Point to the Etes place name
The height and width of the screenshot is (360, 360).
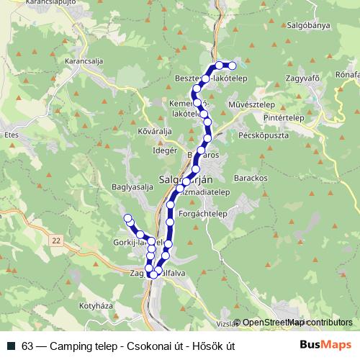click(x=10, y=135)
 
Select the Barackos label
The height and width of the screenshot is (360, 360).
click(x=251, y=177)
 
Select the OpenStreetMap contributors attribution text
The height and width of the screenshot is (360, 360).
click(x=297, y=323)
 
